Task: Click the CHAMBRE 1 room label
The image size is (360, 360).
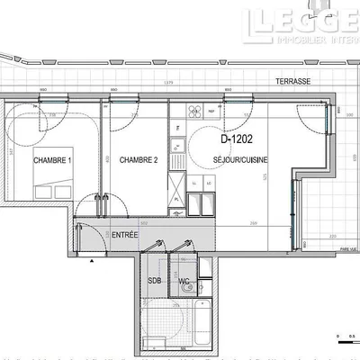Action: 51,160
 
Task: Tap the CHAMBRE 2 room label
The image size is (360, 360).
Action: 139,160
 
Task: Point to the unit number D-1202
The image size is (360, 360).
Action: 237,139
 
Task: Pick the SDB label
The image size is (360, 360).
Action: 155,282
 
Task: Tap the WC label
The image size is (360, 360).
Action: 184,282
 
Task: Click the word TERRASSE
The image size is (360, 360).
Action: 294,81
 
